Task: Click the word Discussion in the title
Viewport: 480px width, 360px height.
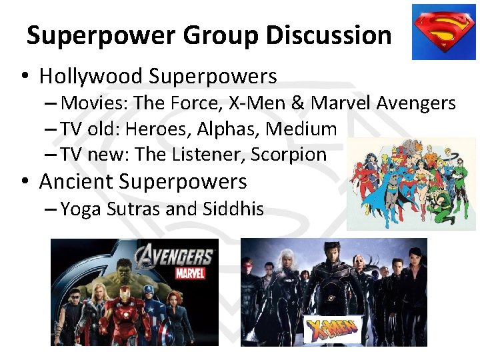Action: pyautogui.click(x=329, y=35)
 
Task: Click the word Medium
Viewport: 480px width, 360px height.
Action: pyautogui.click(x=304, y=129)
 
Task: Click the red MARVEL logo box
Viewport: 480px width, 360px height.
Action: pyautogui.click(x=190, y=273)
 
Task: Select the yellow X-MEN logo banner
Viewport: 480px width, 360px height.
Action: pyautogui.click(x=332, y=329)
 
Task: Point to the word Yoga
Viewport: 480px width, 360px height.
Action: pyautogui.click(x=82, y=209)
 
